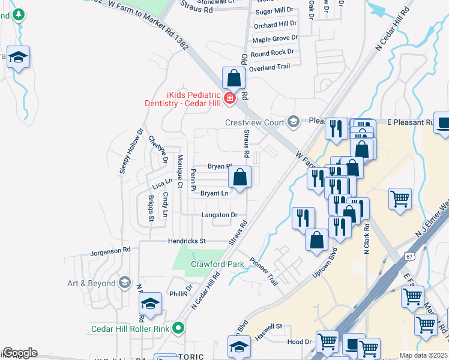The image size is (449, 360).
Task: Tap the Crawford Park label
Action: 217,264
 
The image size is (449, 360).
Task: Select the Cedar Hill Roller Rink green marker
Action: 178,328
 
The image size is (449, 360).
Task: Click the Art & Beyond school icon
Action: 124,283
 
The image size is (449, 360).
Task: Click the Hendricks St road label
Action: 187,241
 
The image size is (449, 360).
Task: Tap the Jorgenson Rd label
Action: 110,250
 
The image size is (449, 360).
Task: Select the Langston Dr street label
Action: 220,215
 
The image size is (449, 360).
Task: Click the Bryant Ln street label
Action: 214,193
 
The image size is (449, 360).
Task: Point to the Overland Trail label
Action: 270,67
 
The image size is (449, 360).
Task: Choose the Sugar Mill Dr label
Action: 274,11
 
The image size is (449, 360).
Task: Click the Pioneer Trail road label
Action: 265,272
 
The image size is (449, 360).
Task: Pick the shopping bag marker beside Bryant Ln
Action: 240,177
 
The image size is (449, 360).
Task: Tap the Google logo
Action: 20,353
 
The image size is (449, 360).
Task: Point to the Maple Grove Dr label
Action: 275,39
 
